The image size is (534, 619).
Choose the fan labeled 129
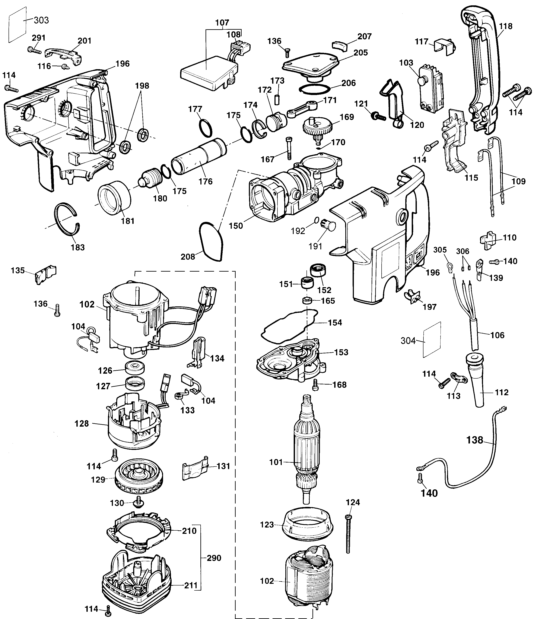(139, 480)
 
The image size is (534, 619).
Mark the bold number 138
(475, 440)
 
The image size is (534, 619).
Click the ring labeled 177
(205, 127)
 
